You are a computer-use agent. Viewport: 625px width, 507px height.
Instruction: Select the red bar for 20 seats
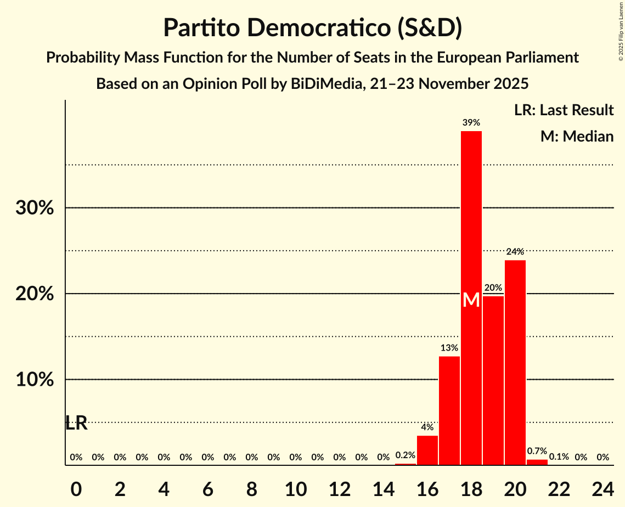(x=515, y=362)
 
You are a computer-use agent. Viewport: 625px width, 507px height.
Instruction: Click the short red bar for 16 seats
(x=427, y=450)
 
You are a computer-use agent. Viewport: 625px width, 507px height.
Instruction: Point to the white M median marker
(x=471, y=300)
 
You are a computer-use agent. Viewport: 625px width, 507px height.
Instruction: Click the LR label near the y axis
(x=76, y=423)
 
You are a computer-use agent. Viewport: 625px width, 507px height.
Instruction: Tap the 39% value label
(x=471, y=123)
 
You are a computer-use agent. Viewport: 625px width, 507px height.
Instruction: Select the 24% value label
(x=515, y=252)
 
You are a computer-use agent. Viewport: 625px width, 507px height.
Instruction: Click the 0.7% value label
(x=537, y=451)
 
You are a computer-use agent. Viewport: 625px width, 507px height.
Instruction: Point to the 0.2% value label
(x=405, y=455)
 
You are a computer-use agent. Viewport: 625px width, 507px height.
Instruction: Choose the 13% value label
(x=449, y=348)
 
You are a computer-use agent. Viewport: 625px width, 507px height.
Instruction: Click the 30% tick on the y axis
(x=35, y=209)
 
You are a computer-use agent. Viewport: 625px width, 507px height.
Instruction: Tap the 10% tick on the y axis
(x=35, y=380)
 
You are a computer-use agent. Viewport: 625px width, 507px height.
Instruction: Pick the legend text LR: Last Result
(x=564, y=110)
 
